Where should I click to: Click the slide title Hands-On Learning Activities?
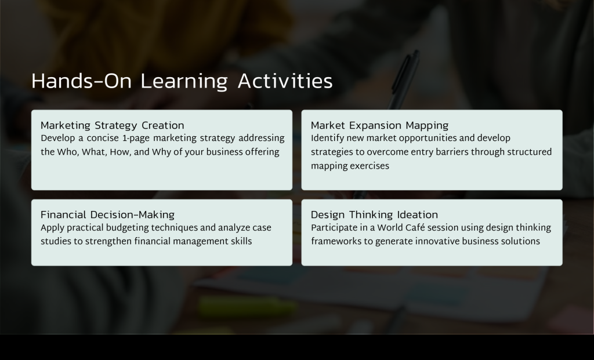click(x=182, y=81)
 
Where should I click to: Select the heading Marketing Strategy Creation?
click(x=112, y=125)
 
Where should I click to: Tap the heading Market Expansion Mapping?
click(x=379, y=125)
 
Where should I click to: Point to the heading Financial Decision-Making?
click(x=107, y=214)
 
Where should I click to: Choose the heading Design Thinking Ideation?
click(x=374, y=214)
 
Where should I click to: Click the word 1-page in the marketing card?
click(x=136, y=139)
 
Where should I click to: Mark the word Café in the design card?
click(x=414, y=227)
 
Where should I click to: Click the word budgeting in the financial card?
click(x=127, y=228)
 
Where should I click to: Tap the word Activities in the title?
click(x=285, y=81)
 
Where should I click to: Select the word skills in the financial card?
click(x=241, y=241)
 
